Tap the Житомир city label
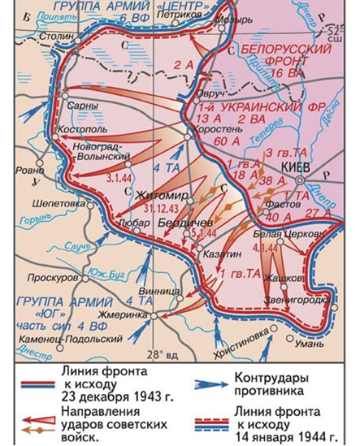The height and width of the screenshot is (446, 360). coord(160,196)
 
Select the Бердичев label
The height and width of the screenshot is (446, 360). coord(184,223)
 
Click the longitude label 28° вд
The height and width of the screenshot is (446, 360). coord(167,354)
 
